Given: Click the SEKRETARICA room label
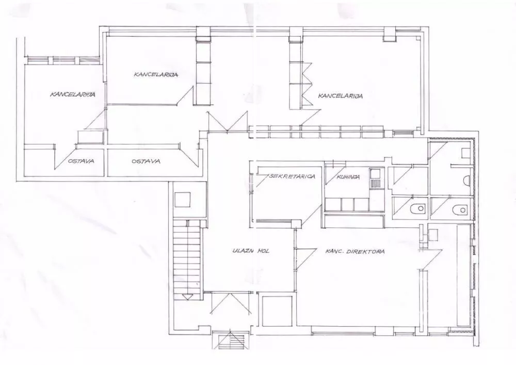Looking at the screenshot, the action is pos(292,176).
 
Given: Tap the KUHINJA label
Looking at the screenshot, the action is pos(348,177).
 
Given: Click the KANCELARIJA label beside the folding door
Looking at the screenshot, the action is pos(340,96).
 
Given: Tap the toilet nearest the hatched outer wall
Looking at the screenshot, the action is pos(460,209).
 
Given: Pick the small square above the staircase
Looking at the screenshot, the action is pos(183,200).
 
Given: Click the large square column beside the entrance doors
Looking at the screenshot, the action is pos(276,311).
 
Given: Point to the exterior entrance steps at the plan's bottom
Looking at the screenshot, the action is pos(229,339).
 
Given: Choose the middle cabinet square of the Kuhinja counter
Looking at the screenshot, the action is pos(347,204).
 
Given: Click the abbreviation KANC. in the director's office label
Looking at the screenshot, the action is pos(334,252).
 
